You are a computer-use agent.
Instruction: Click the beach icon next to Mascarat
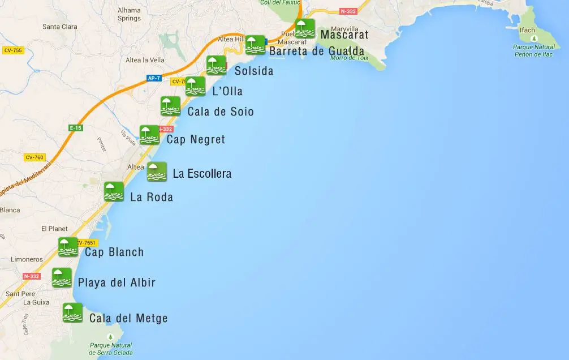point(305,28)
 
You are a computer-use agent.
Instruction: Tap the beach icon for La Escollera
point(157,172)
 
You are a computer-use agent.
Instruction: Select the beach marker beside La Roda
point(114,191)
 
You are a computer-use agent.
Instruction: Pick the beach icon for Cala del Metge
point(72,312)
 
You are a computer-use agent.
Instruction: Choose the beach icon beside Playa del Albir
point(62,277)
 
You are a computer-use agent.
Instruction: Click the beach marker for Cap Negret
point(149,135)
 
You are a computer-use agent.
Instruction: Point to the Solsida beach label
point(254,71)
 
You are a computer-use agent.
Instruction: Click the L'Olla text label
point(227,92)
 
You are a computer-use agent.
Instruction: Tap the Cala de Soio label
point(221,112)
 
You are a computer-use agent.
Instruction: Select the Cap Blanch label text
point(114,252)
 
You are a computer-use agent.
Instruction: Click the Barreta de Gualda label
point(317,52)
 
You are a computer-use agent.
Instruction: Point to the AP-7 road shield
point(154,78)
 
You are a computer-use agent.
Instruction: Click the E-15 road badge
point(76,128)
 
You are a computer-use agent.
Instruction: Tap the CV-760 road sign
point(35,157)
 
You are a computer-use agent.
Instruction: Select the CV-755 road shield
point(12,50)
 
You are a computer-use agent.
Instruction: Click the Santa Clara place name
point(59,27)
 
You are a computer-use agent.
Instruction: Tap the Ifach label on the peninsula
point(528,30)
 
